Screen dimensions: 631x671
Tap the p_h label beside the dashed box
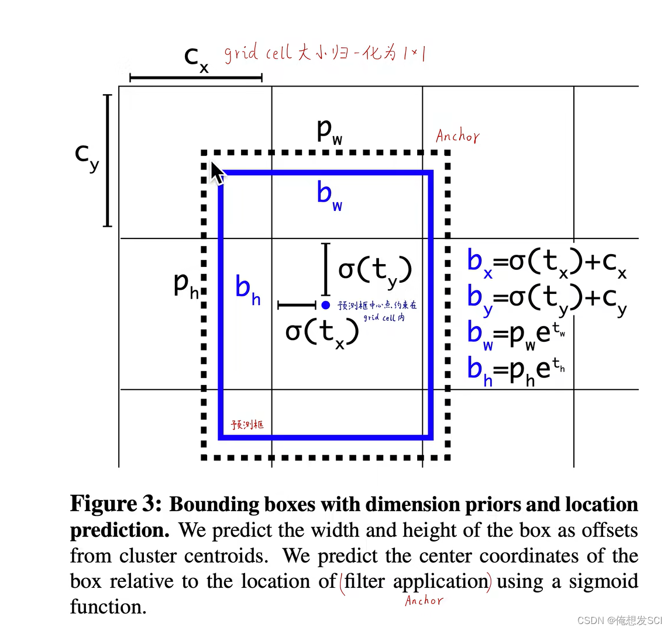click(187, 285)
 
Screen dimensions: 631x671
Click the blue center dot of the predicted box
click(326, 305)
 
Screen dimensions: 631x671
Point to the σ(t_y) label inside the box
click(375, 271)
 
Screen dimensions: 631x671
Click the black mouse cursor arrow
click(216, 173)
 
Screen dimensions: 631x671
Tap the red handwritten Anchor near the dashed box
click(457, 136)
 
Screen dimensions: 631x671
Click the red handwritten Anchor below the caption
click(424, 601)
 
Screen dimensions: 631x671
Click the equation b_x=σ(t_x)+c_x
click(546, 262)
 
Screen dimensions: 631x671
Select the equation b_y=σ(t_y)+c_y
click(546, 298)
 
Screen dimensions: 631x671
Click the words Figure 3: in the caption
click(116, 504)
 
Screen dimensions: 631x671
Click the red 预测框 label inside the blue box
click(247, 425)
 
